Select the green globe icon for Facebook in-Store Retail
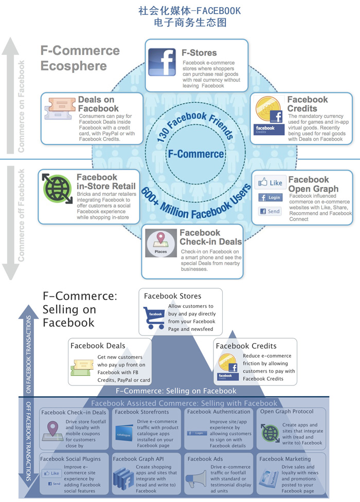pos(58,189)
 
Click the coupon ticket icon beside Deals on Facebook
pos(61,108)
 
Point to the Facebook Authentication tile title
pos(219,412)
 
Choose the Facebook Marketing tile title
pos(285,459)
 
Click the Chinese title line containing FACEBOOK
pos(190,11)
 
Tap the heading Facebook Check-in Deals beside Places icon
pos(210,237)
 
